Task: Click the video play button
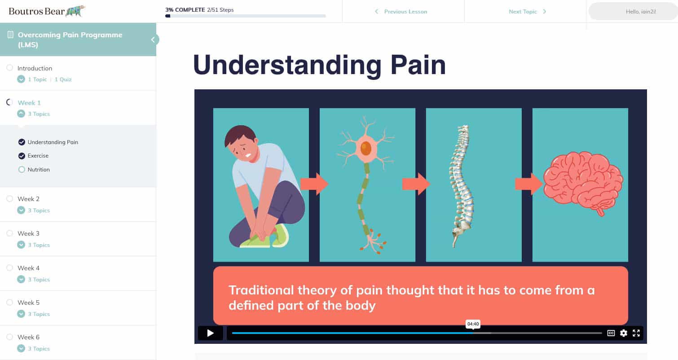pyautogui.click(x=210, y=333)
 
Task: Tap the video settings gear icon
pyautogui.click(x=623, y=333)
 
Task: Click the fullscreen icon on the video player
pyautogui.click(x=636, y=333)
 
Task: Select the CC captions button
pyautogui.click(x=611, y=333)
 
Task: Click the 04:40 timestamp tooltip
pyautogui.click(x=473, y=324)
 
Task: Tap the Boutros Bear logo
pyautogui.click(x=47, y=11)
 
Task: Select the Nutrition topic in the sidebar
pyautogui.click(x=39, y=170)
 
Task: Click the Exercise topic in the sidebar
pyautogui.click(x=38, y=156)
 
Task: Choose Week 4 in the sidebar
pyautogui.click(x=28, y=268)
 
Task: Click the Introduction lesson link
pyautogui.click(x=35, y=68)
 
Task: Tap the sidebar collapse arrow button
pyautogui.click(x=153, y=40)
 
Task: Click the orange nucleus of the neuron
pyautogui.click(x=366, y=149)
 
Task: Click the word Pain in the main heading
pyautogui.click(x=418, y=65)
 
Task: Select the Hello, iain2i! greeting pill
pyautogui.click(x=640, y=12)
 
